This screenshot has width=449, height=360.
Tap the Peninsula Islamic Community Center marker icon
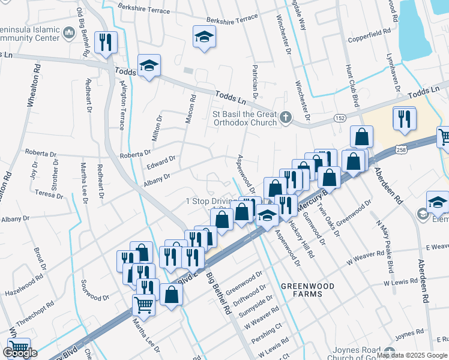tap(68, 32)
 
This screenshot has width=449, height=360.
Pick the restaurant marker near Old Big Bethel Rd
tap(106, 42)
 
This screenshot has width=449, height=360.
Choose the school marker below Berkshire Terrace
tap(203, 37)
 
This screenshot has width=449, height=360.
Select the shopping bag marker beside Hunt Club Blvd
tap(361, 137)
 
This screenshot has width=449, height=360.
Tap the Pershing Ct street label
tap(270, 328)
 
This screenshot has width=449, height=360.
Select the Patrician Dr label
tap(255, 82)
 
